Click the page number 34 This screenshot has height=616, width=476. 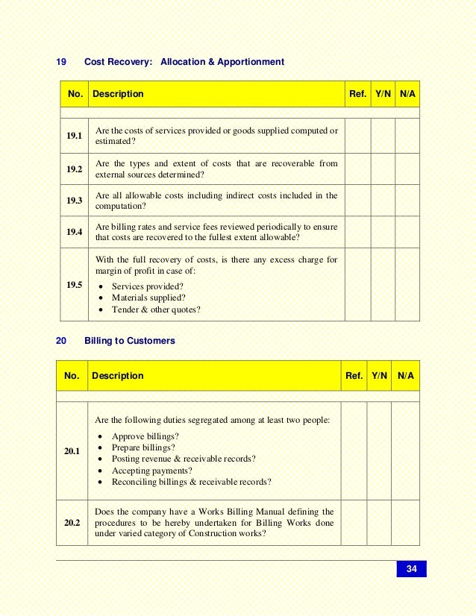click(x=411, y=570)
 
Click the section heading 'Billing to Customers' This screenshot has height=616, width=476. click(x=130, y=341)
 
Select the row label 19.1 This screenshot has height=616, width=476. click(x=74, y=136)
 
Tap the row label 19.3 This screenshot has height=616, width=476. click(x=74, y=201)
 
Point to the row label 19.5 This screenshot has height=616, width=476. click(x=74, y=284)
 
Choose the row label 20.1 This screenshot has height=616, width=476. click(x=72, y=451)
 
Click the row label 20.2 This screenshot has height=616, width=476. click(x=72, y=524)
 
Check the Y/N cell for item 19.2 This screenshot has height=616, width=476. click(x=383, y=169)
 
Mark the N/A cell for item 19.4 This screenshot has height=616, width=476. click(x=407, y=232)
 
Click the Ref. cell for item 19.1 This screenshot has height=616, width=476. click(x=357, y=136)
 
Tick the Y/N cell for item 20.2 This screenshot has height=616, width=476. click(x=380, y=524)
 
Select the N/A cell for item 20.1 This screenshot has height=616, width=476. click(x=406, y=451)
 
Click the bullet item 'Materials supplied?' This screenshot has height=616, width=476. click(x=148, y=298)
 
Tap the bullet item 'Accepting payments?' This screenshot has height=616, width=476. click(x=151, y=471)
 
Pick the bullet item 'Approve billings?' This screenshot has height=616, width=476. click(x=145, y=436)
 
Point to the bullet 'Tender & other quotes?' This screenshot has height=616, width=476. click(x=156, y=309)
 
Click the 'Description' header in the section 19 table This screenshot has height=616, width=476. click(x=118, y=95)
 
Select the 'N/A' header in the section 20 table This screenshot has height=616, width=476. click(x=406, y=376)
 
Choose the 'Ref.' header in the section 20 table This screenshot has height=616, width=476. click(x=354, y=376)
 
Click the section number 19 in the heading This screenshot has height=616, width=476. click(x=62, y=62)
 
